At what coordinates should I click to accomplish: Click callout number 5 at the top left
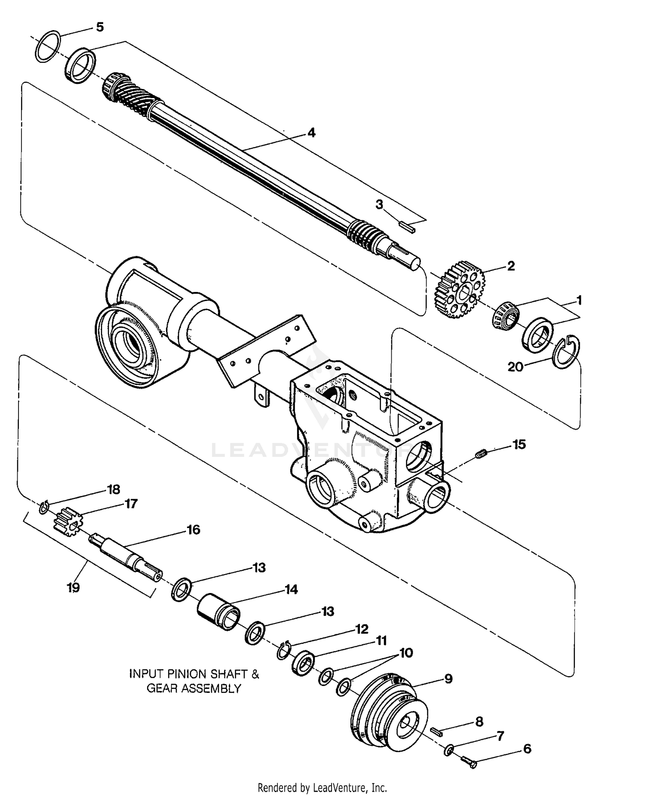click(x=99, y=28)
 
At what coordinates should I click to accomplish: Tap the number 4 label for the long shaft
click(x=311, y=133)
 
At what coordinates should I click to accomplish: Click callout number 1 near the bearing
click(x=579, y=300)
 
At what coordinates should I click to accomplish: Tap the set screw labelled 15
click(x=482, y=453)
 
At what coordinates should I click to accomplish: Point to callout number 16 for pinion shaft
click(x=193, y=530)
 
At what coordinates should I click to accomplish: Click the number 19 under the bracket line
click(x=73, y=587)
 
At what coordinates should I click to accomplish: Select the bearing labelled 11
click(x=303, y=664)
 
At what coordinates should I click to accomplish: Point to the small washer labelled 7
click(x=448, y=751)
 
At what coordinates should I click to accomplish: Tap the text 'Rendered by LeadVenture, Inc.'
click(x=322, y=788)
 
